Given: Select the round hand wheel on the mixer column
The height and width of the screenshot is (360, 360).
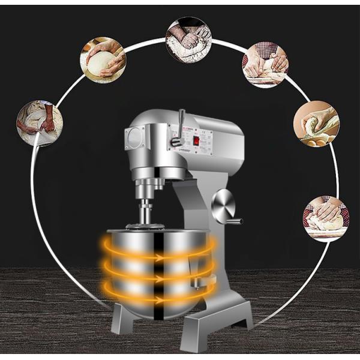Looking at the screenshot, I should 223,206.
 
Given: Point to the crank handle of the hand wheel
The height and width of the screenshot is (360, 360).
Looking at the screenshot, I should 234,221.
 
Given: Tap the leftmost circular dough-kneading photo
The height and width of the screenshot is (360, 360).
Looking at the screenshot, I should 40,123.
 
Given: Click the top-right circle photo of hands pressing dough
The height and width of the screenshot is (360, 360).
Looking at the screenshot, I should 265,64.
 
